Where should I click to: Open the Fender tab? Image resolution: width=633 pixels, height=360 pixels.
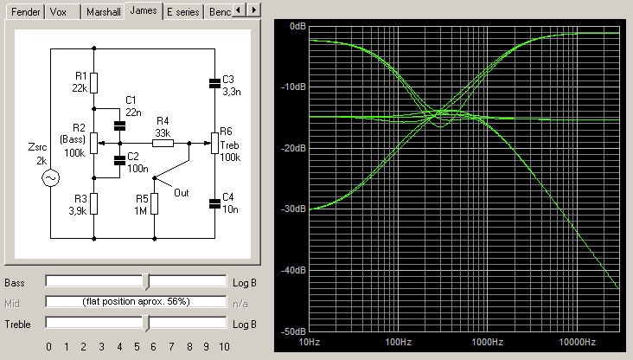click(25, 12)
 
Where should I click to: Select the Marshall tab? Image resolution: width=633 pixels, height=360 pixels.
click(103, 12)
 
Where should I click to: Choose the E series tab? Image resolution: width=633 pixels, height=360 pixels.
click(182, 12)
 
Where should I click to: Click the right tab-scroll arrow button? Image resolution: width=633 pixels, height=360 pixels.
click(253, 10)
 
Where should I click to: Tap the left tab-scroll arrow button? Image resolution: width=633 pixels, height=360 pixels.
click(240, 10)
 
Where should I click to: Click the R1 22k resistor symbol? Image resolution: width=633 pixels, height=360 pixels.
click(93, 83)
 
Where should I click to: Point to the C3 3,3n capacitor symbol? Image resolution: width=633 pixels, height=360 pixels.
click(214, 83)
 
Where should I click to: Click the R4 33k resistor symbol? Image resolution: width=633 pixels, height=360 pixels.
click(163, 143)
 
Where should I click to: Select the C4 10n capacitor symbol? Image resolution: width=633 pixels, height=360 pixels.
click(214, 204)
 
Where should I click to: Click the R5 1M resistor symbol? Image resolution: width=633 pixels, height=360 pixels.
click(154, 203)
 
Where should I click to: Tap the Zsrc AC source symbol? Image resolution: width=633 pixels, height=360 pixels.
click(51, 177)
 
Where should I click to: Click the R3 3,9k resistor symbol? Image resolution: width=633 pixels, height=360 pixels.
click(93, 203)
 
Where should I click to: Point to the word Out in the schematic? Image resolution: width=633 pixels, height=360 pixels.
click(182, 193)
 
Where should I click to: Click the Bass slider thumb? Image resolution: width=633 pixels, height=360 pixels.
click(146, 281)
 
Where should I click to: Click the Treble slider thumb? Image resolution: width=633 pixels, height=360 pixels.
click(146, 324)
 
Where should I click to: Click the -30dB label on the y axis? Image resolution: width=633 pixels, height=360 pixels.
click(293, 209)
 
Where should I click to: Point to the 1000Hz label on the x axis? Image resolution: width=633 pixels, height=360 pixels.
click(487, 342)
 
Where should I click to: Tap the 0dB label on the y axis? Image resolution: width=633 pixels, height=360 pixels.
click(298, 26)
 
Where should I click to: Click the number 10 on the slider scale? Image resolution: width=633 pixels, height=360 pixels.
click(224, 347)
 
